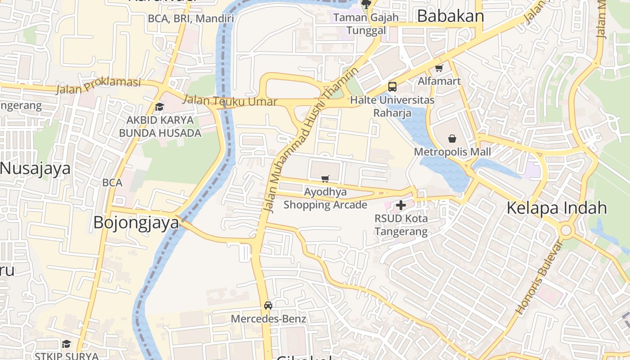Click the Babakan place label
(450, 16)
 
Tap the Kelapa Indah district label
(557, 208)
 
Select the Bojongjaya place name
(136, 223)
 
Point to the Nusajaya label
(35, 168)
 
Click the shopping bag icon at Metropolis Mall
(452, 139)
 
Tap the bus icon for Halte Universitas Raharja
(392, 86)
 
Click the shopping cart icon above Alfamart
(439, 68)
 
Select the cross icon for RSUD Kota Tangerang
(400, 205)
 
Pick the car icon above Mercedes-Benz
(268, 306)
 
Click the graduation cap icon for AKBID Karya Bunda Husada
(159, 107)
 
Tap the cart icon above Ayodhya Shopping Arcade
(325, 179)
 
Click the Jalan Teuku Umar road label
(229, 101)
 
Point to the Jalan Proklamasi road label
(98, 85)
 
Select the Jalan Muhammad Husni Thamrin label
(311, 139)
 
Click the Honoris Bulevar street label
(539, 277)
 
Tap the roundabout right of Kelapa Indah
(566, 231)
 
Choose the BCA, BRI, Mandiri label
(191, 18)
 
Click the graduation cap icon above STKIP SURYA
(66, 344)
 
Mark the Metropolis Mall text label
(452, 152)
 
